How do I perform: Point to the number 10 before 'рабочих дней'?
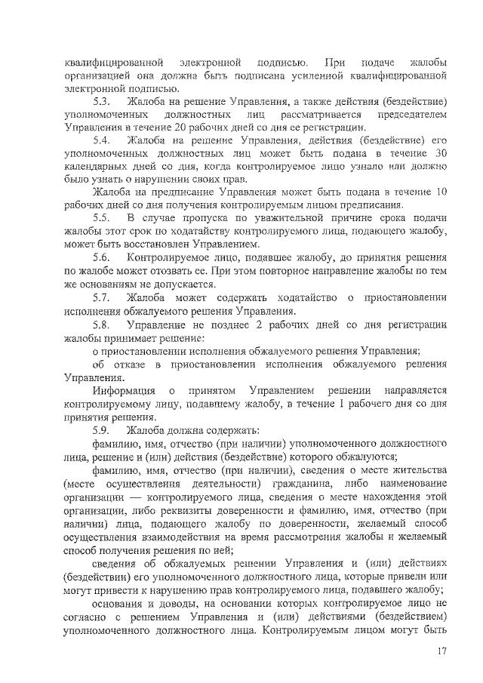[x=442, y=192]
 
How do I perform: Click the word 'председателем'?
[x=414, y=114]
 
